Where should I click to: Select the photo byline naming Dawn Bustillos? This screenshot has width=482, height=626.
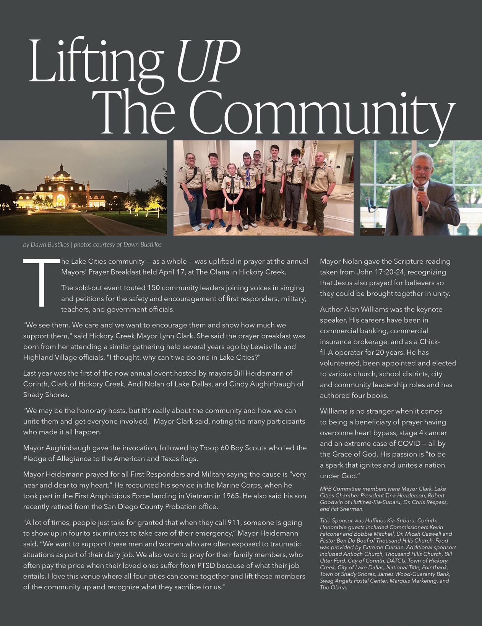92,245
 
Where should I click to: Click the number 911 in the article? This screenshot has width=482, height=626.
234,522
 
